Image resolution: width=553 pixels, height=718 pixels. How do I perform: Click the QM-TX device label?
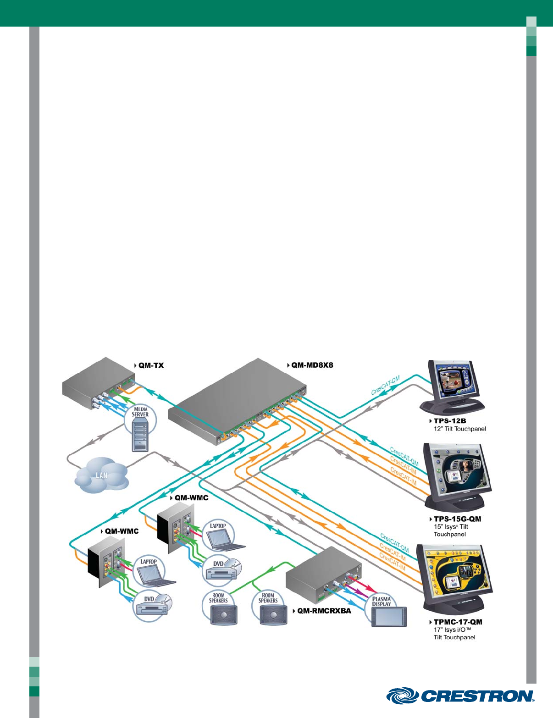(151, 365)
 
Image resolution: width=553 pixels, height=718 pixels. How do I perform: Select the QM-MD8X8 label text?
(312, 365)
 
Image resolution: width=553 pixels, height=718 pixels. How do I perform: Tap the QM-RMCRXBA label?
(324, 611)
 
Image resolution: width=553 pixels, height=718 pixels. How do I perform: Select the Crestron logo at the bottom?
(460, 696)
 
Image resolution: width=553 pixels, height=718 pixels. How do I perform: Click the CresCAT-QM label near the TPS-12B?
(386, 385)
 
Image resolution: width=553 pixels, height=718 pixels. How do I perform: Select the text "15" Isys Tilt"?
(451, 527)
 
